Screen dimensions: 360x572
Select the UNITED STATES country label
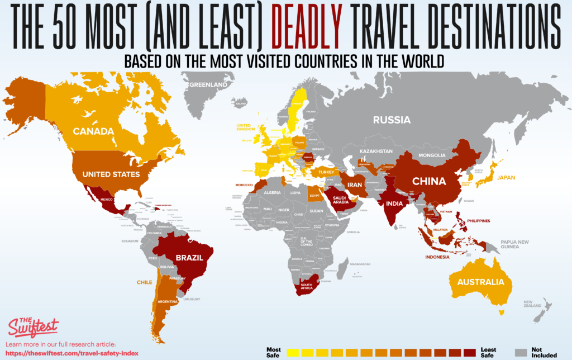(x=111, y=174)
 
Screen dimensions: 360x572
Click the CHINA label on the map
(x=428, y=181)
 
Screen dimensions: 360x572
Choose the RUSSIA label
(x=392, y=120)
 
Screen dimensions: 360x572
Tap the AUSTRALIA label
(x=480, y=282)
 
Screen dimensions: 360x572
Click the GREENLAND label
(x=208, y=85)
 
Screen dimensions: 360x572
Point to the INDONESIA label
(x=438, y=258)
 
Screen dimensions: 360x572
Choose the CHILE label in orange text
(x=144, y=282)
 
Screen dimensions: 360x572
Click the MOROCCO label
(x=245, y=184)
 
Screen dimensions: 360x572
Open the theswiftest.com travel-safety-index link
(x=71, y=353)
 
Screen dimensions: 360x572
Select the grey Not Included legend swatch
(x=521, y=352)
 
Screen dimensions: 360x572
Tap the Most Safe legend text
(x=274, y=352)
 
